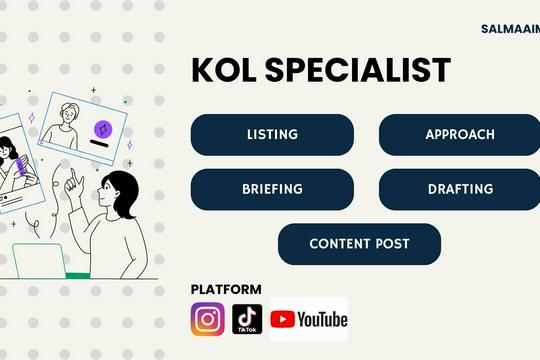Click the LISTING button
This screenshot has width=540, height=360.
(272, 135)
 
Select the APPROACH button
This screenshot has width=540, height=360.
(459, 135)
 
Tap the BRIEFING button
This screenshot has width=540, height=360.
(272, 189)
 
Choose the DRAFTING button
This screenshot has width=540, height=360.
(459, 189)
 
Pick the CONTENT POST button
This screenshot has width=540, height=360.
(359, 244)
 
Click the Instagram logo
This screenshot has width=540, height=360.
(208, 319)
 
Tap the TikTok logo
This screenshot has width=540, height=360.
(247, 319)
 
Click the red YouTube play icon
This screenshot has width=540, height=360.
(283, 319)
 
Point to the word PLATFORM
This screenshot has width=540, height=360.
(226, 289)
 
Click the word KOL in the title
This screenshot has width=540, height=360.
(223, 70)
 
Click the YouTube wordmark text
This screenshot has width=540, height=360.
(321, 319)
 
